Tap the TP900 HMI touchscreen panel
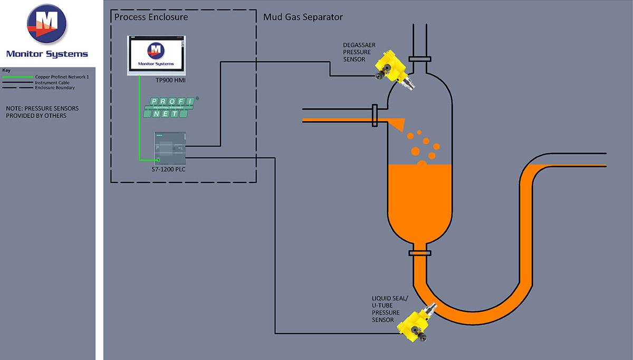[156, 55]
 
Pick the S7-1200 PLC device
[170, 148]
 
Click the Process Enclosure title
[151, 17]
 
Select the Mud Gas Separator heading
[303, 17]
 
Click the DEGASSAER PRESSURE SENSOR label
[359, 52]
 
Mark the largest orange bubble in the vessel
[415, 151]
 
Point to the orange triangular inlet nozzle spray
[396, 123]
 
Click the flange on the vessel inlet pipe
[375, 116]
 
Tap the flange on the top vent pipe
[419, 59]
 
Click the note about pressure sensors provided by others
[42, 112]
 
